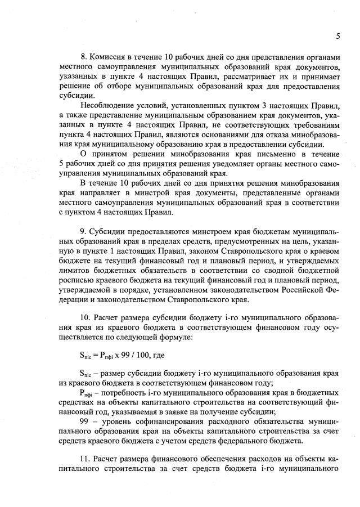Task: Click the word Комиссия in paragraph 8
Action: tap(110, 58)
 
